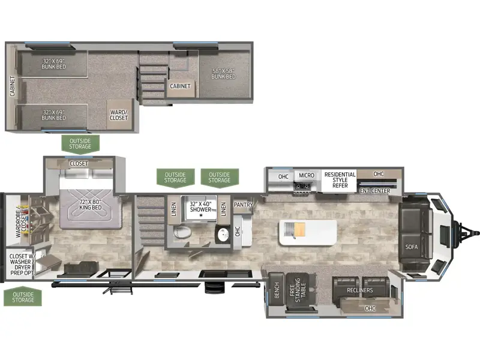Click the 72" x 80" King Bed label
(x=91, y=205)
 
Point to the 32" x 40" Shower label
(x=200, y=206)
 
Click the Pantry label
(x=244, y=205)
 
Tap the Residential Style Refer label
(x=340, y=179)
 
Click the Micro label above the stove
(x=307, y=175)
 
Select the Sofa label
(x=411, y=247)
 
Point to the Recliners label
(x=359, y=290)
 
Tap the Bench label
(x=277, y=290)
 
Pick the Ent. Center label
(x=375, y=191)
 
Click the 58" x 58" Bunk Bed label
(x=223, y=73)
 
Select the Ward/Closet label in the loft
(x=118, y=115)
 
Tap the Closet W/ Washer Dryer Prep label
(x=20, y=265)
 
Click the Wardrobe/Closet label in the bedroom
(x=21, y=224)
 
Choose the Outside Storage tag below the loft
(x=80, y=143)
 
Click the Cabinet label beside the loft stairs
(x=180, y=86)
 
